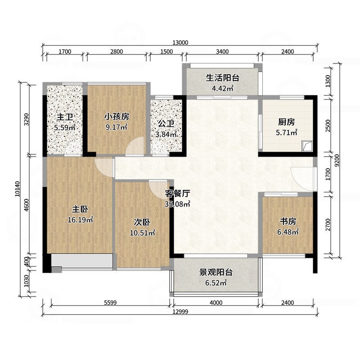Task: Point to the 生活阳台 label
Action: [x=222, y=77]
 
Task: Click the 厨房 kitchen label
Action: [x=286, y=121]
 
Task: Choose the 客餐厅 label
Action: [x=177, y=194]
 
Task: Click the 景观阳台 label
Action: [x=216, y=272]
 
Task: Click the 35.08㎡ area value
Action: [x=178, y=204]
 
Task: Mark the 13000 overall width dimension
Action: [x=180, y=42]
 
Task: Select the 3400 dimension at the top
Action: [x=222, y=51]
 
